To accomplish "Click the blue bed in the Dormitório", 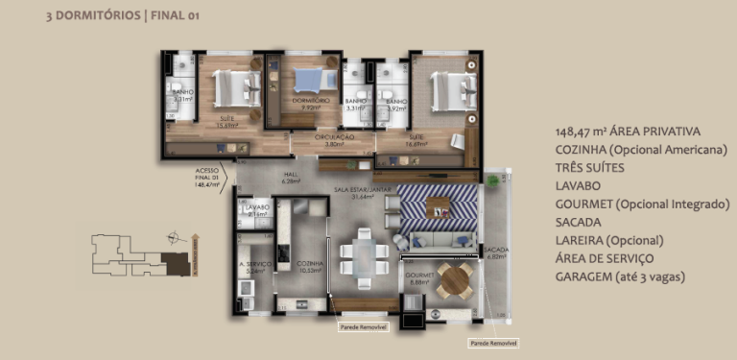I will click(310, 83).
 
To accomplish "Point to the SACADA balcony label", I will click(496, 252).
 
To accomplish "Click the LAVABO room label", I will click(255, 207).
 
